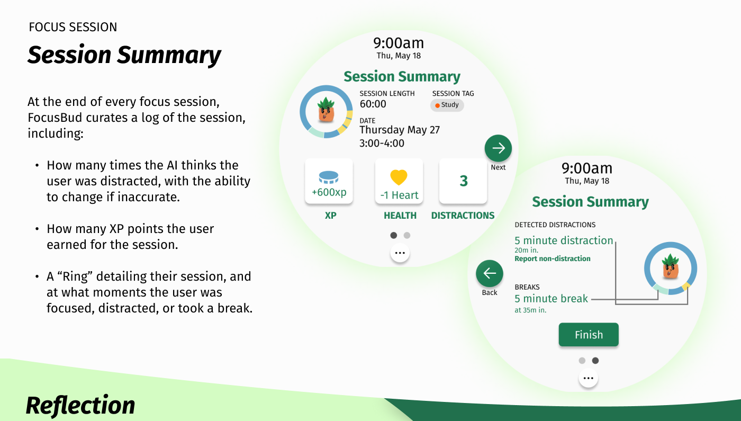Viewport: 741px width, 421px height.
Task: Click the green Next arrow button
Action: click(x=498, y=148)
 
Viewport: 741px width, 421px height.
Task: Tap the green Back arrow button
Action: click(x=490, y=273)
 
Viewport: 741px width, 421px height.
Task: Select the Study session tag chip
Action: click(x=447, y=105)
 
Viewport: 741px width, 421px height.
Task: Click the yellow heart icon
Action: click(x=399, y=177)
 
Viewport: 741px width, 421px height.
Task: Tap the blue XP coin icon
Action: click(x=329, y=177)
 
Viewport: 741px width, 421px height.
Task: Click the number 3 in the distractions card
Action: click(x=463, y=181)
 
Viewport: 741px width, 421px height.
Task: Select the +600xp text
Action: click(x=329, y=192)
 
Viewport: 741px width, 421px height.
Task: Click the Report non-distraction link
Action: click(x=552, y=258)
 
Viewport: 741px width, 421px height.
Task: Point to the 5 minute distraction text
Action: click(x=564, y=240)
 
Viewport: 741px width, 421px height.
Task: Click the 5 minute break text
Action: click(x=551, y=299)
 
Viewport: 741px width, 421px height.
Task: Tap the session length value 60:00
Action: click(x=373, y=104)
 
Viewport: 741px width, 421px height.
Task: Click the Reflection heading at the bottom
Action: click(x=80, y=406)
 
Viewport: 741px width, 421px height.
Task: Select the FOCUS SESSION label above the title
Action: click(x=73, y=27)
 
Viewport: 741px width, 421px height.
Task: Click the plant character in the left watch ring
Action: click(x=326, y=110)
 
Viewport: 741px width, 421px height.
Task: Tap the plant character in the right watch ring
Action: click(x=670, y=267)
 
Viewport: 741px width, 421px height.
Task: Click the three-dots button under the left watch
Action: click(x=400, y=254)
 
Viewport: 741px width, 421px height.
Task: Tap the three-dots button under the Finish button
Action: click(x=589, y=379)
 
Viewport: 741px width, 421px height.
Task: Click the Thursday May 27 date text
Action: click(x=400, y=130)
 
